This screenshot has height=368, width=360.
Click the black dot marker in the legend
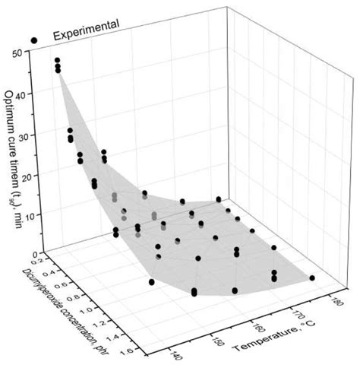coord(33,38)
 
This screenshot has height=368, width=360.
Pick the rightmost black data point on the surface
coord(311,278)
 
